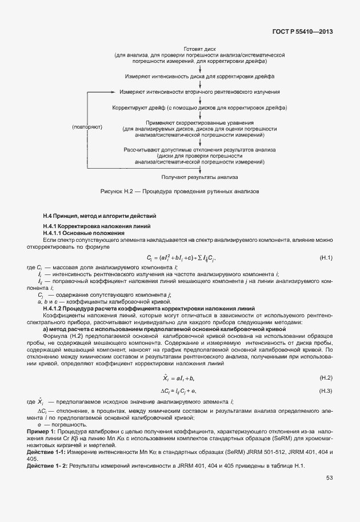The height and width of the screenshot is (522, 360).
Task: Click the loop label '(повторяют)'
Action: point(87,127)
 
